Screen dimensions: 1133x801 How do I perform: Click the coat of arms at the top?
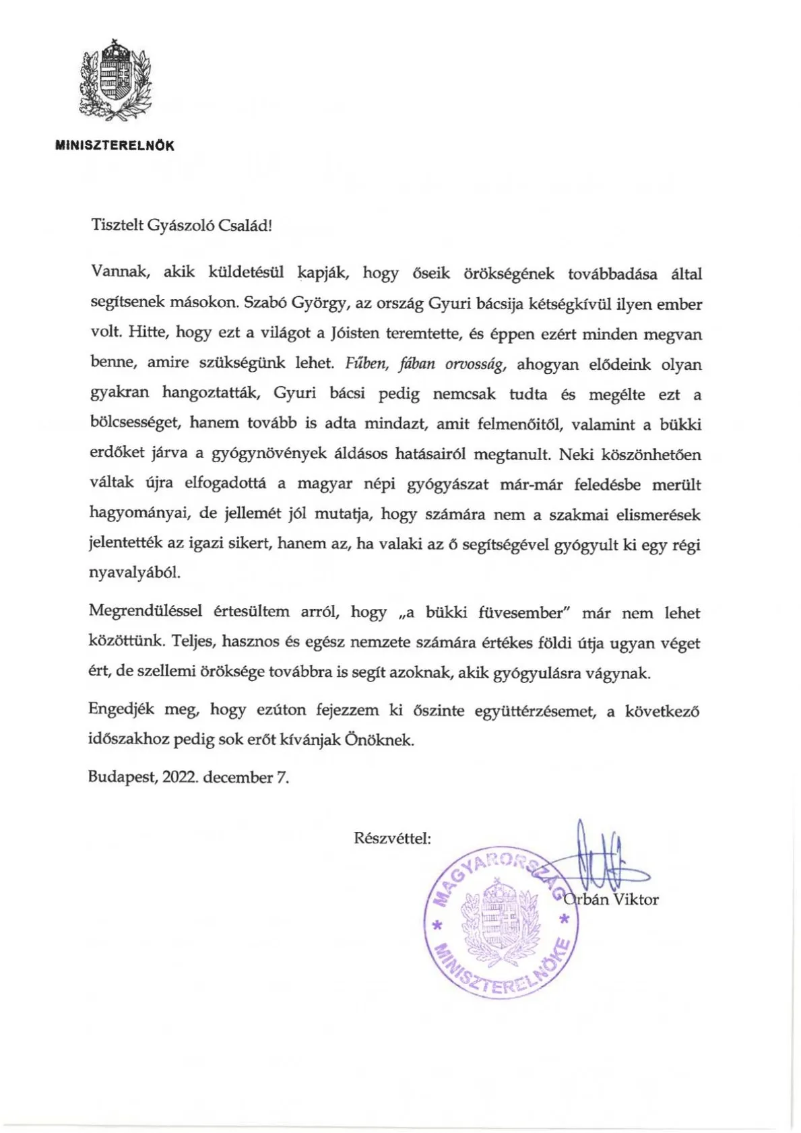115,79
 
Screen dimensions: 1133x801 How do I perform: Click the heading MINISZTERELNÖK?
115,145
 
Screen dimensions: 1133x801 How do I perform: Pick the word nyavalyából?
135,573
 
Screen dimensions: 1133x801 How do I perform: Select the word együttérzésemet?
536,711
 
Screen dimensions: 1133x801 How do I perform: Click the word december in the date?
237,777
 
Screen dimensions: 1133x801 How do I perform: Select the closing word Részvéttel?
393,839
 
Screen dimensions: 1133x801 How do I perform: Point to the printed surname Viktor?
635,899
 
